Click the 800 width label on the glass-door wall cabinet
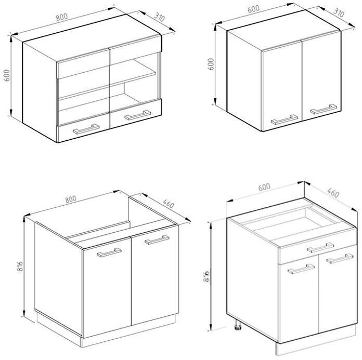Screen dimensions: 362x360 pyautogui.click(x=62, y=17)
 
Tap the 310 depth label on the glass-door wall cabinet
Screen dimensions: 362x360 pyautogui.click(x=159, y=17)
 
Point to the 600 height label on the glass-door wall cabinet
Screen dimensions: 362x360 pyautogui.click(x=7, y=75)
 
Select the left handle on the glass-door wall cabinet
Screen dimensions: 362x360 pyautogui.click(x=86, y=129)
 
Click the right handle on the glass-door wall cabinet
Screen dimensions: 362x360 pyautogui.click(x=138, y=115)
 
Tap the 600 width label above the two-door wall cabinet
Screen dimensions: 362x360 pyautogui.click(x=253, y=9)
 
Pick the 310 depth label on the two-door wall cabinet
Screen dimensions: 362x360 pyautogui.click(x=339, y=12)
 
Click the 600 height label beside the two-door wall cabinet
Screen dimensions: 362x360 pyautogui.click(x=211, y=64)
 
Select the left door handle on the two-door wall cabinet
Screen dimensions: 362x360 pyautogui.click(x=285, y=119)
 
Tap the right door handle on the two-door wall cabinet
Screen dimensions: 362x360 pyautogui.click(x=324, y=109)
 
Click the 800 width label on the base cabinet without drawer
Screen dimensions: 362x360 pyautogui.click(x=70, y=199)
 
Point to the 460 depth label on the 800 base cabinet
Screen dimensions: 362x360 pyautogui.click(x=169, y=204)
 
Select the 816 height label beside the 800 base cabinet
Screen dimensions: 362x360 pyautogui.click(x=20, y=266)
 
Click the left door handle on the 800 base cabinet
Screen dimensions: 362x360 pyautogui.click(x=109, y=252)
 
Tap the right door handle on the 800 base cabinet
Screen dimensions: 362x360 pyautogui.click(x=157, y=239)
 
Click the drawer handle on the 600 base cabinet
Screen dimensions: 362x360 pyautogui.click(x=320, y=247)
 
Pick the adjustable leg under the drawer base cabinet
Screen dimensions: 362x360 pyautogui.click(x=238, y=325)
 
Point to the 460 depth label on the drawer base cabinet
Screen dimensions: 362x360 pyautogui.click(x=333, y=193)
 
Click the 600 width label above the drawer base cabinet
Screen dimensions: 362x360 pyautogui.click(x=264, y=187)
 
